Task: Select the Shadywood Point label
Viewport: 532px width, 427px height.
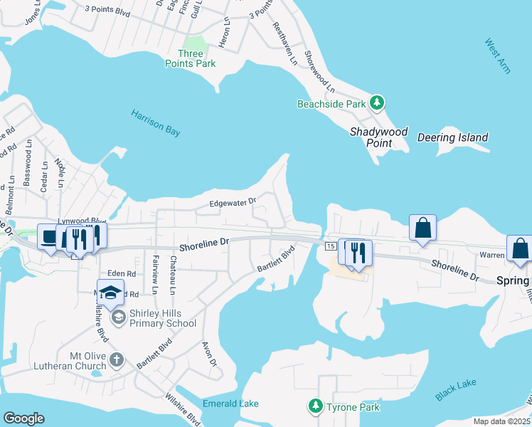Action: pyautogui.click(x=379, y=137)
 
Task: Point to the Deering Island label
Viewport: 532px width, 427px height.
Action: pyautogui.click(x=452, y=137)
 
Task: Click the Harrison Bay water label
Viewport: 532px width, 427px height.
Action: pyautogui.click(x=155, y=122)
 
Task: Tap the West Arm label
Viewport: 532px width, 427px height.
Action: pyautogui.click(x=498, y=55)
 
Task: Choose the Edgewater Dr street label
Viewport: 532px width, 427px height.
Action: pyautogui.click(x=232, y=204)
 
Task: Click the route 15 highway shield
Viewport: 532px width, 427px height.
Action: pyautogui.click(x=331, y=246)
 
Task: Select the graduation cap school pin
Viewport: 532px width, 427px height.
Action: pyautogui.click(x=110, y=293)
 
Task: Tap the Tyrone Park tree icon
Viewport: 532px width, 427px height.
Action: pyautogui.click(x=314, y=406)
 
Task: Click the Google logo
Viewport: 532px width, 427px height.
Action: pyautogui.click(x=23, y=418)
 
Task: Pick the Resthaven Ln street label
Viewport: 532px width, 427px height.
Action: pyautogui.click(x=284, y=44)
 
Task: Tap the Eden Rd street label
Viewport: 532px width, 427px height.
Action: pyautogui.click(x=121, y=273)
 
